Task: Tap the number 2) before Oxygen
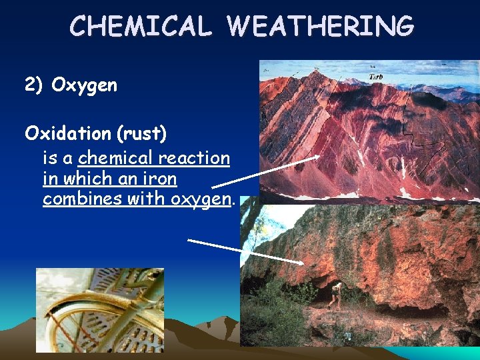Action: coord(34,85)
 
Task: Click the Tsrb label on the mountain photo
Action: coord(376,77)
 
